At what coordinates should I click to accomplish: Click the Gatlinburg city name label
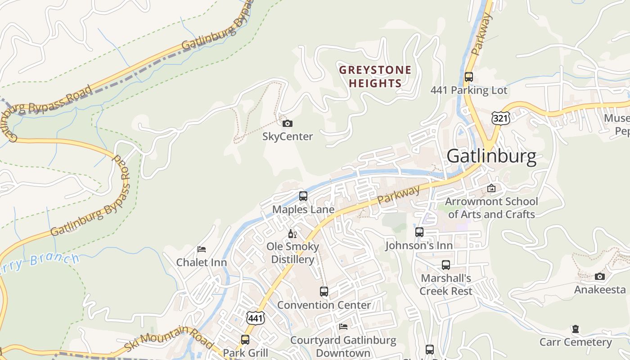491,156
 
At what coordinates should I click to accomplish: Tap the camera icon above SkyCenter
287,123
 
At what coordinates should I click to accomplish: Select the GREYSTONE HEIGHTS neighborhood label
375,76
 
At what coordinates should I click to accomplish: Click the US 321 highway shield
500,118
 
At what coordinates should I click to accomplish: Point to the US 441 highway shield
256,318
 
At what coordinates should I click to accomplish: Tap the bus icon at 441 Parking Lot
469,77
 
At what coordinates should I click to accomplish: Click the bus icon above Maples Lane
303,196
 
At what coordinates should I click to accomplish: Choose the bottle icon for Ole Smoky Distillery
292,234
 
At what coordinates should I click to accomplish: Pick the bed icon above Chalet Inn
202,249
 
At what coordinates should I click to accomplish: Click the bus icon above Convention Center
324,292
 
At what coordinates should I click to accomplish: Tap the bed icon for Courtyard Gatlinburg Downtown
343,327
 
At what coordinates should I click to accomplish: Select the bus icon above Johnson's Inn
419,232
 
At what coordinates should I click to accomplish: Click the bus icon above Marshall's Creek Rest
446,265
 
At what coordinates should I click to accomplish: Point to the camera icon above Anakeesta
600,276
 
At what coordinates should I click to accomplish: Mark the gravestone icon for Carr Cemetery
575,329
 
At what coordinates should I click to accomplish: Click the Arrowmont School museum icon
491,188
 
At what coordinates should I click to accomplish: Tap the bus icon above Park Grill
245,340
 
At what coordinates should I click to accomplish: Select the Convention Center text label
324,305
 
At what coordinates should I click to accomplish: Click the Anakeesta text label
600,289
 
